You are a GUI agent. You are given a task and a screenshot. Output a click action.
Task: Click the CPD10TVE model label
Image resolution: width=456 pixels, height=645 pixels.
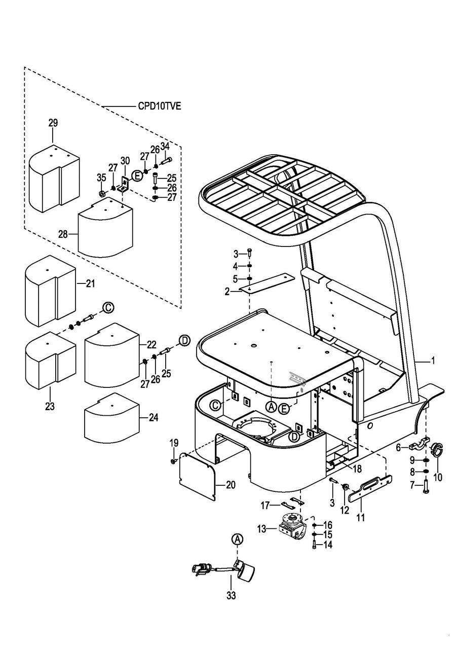pyautogui.click(x=159, y=106)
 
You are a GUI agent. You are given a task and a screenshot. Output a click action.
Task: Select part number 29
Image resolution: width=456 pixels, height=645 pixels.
pyautogui.click(x=53, y=123)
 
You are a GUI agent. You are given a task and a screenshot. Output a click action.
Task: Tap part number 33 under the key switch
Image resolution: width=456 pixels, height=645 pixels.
pyautogui.click(x=231, y=596)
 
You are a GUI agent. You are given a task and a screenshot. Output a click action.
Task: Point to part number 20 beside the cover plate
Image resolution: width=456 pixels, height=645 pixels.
pyautogui.click(x=231, y=485)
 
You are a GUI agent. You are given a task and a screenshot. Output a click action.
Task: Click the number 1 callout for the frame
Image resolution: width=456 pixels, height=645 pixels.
pyautogui.click(x=433, y=361)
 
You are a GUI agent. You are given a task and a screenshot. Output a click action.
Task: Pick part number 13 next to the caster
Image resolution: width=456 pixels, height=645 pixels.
pyautogui.click(x=261, y=528)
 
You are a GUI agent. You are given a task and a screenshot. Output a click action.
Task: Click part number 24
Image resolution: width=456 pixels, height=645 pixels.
pyautogui.click(x=154, y=417)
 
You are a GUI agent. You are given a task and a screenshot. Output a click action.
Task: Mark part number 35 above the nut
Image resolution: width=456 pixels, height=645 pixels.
pyautogui.click(x=101, y=177)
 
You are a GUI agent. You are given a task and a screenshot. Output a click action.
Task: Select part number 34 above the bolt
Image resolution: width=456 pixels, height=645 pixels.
pyautogui.click(x=165, y=147)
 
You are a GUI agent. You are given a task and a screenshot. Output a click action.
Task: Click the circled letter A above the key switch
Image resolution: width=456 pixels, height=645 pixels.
pyautogui.click(x=237, y=540)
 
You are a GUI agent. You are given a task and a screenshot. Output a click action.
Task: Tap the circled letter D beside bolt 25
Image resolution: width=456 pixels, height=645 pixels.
pyautogui.click(x=185, y=340)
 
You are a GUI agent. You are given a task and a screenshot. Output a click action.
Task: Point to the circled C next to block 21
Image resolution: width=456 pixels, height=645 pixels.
pyautogui.click(x=107, y=307)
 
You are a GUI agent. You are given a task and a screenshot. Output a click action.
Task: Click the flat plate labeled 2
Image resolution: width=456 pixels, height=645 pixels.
pyautogui.click(x=268, y=284)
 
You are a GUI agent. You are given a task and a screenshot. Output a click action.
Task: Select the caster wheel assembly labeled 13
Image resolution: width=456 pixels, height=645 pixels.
pyautogui.click(x=292, y=530)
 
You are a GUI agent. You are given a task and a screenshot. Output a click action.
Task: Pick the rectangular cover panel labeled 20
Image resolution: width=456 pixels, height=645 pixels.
pyautogui.click(x=198, y=477)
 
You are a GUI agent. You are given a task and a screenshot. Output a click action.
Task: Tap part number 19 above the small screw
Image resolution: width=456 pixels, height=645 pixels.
pyautogui.click(x=174, y=443)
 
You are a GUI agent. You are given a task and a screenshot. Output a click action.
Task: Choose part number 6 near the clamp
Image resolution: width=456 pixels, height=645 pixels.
pyautogui.click(x=399, y=447)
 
